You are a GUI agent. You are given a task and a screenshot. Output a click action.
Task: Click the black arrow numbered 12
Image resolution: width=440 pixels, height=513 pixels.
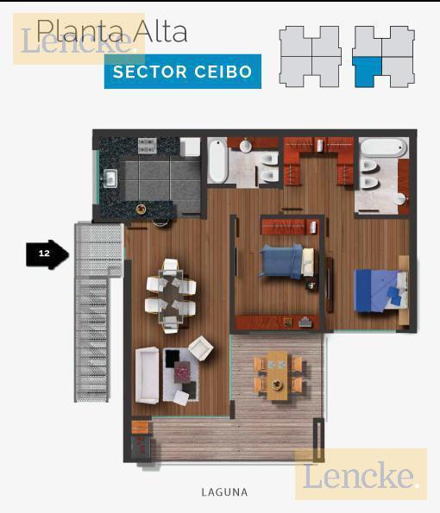point(47,254)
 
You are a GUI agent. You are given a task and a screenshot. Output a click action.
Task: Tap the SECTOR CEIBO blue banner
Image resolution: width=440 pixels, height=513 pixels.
point(183,72)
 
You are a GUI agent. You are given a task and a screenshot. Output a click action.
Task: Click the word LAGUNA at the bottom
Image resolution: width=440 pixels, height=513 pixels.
point(224,492)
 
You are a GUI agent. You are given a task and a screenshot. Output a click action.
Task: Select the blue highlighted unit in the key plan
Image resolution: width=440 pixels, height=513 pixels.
point(368,71)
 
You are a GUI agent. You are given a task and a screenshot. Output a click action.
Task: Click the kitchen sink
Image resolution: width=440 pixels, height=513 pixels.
point(110,178)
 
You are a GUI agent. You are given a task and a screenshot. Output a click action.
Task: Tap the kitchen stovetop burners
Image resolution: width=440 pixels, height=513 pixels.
point(148,145)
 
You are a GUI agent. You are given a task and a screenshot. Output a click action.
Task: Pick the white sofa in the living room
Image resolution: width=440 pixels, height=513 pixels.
point(148,375)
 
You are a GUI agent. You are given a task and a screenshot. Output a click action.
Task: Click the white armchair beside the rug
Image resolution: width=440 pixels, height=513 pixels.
point(201,348)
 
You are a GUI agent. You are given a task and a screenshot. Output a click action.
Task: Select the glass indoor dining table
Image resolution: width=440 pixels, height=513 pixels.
point(171,296)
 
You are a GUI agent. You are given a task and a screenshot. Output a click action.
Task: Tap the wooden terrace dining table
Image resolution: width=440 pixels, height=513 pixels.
point(277,375)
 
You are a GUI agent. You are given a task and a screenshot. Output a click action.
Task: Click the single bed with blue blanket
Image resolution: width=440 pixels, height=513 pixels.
point(287,262)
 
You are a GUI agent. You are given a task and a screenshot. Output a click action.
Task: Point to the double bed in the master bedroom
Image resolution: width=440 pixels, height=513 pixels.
point(381,291)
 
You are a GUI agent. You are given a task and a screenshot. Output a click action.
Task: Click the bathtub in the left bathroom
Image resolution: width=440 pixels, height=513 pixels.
point(217,160)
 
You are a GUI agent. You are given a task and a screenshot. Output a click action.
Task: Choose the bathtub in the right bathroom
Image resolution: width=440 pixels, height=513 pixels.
point(384,147)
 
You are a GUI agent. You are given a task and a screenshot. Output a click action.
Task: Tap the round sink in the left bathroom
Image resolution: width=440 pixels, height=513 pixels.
point(246,146)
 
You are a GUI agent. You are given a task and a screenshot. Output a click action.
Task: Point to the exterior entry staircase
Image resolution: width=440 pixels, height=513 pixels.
point(95,310)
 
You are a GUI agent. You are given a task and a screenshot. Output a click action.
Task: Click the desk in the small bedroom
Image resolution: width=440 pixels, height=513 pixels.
point(277,322)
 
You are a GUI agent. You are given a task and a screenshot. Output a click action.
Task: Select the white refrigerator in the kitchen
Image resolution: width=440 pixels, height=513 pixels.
point(190,147)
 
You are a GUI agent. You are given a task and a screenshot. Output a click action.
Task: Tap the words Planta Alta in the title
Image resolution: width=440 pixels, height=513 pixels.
point(112,31)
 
